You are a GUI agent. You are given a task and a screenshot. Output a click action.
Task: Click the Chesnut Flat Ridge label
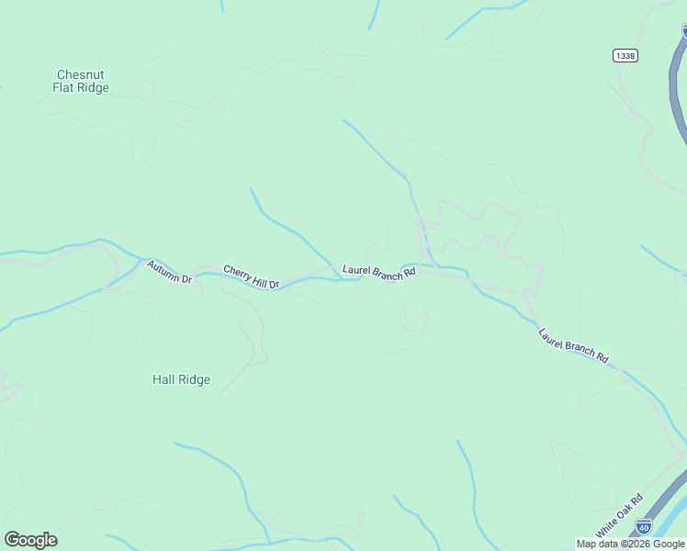(x=83, y=81)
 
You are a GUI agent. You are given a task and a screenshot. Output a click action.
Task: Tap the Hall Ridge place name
(x=181, y=379)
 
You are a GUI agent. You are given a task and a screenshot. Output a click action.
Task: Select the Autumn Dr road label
(x=169, y=272)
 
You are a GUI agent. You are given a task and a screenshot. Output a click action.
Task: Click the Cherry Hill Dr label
(x=251, y=277)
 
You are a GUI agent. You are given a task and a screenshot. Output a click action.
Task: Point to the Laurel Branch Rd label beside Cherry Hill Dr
(x=379, y=272)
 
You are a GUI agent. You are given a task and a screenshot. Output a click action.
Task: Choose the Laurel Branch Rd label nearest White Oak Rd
(x=574, y=344)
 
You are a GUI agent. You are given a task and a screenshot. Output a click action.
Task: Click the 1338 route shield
(x=625, y=56)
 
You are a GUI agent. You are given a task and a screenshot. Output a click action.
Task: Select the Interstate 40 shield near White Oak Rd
(x=644, y=526)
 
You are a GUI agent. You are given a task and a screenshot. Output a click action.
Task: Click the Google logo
(x=31, y=540)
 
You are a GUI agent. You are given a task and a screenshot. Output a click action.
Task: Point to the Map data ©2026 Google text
(x=630, y=544)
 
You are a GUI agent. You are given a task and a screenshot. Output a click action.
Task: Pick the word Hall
(x=164, y=379)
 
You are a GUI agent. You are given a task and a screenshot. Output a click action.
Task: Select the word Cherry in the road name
(x=237, y=274)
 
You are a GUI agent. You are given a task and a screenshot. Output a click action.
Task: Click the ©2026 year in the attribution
(x=636, y=544)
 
